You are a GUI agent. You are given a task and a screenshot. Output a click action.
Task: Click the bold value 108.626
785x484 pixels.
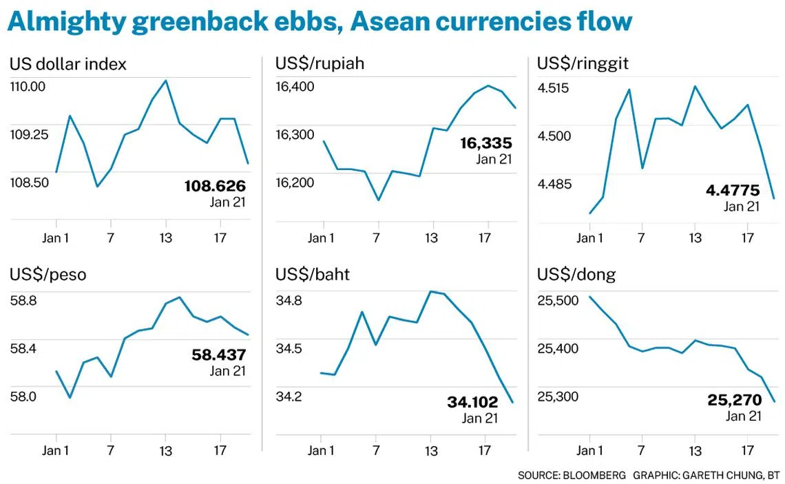pos(215,186)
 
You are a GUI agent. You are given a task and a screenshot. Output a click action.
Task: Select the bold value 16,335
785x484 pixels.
pos(486,143)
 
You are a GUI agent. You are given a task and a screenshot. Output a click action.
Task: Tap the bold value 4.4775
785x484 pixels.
pos(732,190)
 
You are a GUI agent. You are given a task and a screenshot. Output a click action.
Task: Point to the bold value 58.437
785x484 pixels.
pos(218,355)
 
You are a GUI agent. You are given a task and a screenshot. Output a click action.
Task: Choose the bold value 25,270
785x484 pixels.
pos(735,399)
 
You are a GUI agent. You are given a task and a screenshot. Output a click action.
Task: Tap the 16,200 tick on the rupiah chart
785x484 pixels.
pos(294,182)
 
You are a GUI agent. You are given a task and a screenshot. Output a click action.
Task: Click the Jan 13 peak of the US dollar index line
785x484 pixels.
pos(165,81)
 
